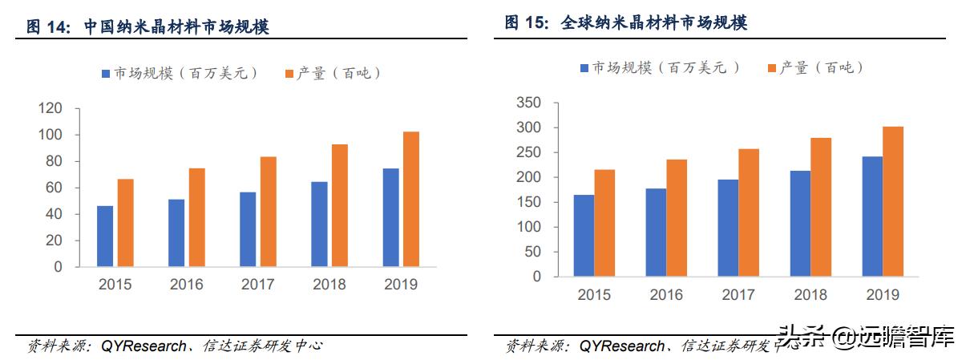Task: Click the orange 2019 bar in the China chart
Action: point(410,199)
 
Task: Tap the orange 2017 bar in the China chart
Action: point(268,212)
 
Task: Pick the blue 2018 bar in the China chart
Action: point(319,224)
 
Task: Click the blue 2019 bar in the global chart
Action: point(872,216)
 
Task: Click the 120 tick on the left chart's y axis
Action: point(50,108)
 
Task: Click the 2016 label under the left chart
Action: point(186,285)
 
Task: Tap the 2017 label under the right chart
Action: point(738,295)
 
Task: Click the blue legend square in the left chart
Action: point(105,74)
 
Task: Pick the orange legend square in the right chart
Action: point(772,68)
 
